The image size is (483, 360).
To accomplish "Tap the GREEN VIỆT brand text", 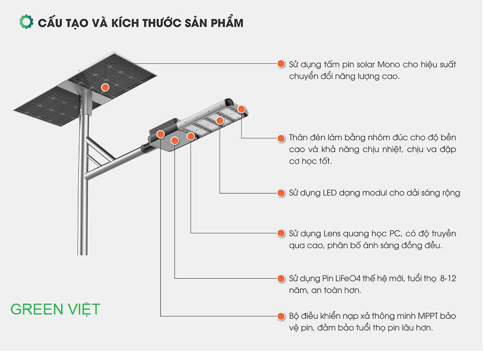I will tap(55, 309).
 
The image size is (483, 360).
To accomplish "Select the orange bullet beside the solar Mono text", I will tap(281, 64).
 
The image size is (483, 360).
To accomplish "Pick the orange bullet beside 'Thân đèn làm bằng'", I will tap(281, 138).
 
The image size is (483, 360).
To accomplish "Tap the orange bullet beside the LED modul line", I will tap(281, 193).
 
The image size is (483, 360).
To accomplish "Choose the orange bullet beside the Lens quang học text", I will tap(281, 234).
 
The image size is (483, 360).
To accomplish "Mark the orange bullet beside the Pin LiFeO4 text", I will tap(281, 278).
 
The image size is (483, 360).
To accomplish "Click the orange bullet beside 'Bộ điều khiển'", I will tap(281, 316).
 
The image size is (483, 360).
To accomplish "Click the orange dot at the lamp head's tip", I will tap(241, 109).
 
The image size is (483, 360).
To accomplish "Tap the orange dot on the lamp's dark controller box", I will tap(160, 134).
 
